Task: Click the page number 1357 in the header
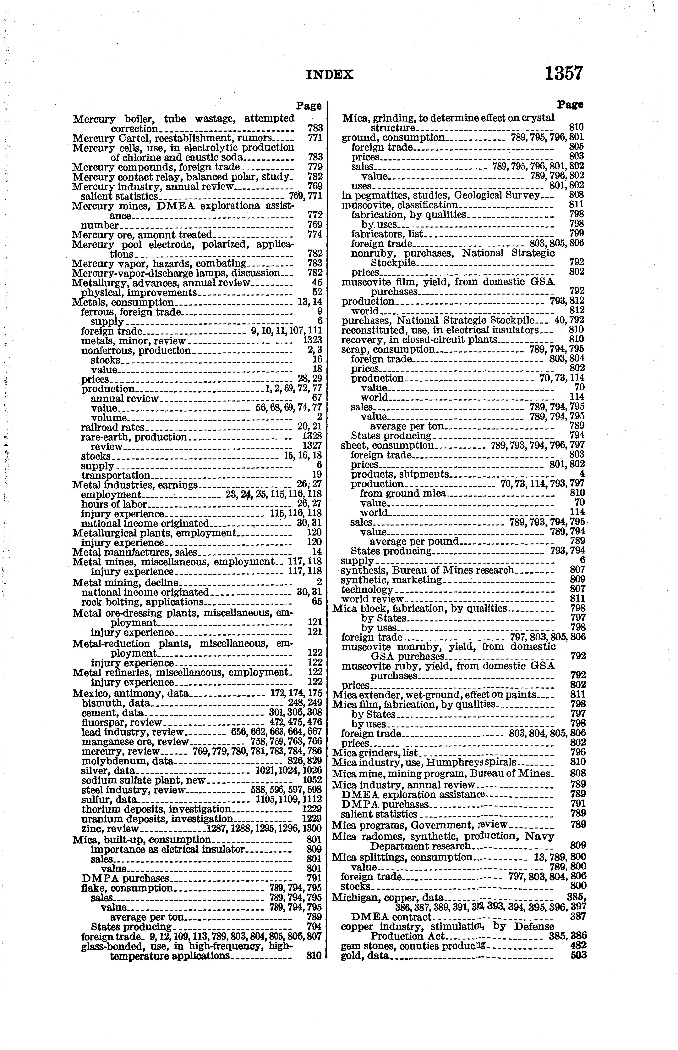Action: (564, 73)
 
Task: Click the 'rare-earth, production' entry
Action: (134, 437)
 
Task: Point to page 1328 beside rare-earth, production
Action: (313, 437)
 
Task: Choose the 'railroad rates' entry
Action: (113, 427)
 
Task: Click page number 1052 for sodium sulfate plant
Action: (313, 780)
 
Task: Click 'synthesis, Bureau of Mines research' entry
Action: (427, 570)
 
